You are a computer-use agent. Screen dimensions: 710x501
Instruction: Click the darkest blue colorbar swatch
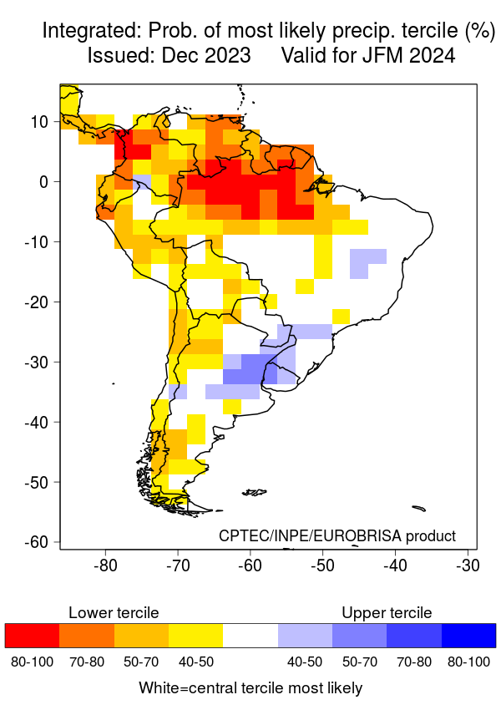click(468, 636)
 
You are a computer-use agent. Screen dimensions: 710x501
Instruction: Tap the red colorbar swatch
click(32, 636)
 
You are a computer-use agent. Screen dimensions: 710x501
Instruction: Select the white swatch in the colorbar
click(250, 636)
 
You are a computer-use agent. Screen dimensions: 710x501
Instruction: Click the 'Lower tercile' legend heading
click(114, 613)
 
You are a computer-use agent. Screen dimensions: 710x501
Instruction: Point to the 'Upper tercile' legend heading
click(387, 613)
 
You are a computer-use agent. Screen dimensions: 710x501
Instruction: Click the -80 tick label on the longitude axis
click(105, 565)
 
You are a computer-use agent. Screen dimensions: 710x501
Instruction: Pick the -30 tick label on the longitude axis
click(468, 565)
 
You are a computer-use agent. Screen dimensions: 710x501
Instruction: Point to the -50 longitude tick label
click(322, 565)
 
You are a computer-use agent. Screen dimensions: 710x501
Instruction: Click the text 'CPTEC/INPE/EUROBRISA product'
click(337, 535)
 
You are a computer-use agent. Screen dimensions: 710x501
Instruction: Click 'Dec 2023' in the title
click(209, 57)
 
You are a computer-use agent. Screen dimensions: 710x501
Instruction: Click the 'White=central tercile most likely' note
click(250, 688)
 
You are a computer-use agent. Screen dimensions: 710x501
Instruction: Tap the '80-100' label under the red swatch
click(32, 662)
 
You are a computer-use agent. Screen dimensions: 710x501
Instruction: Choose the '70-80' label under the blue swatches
click(413, 662)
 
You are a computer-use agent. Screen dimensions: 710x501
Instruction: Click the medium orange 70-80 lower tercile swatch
click(86, 636)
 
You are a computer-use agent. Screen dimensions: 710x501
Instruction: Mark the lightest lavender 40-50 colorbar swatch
click(305, 636)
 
